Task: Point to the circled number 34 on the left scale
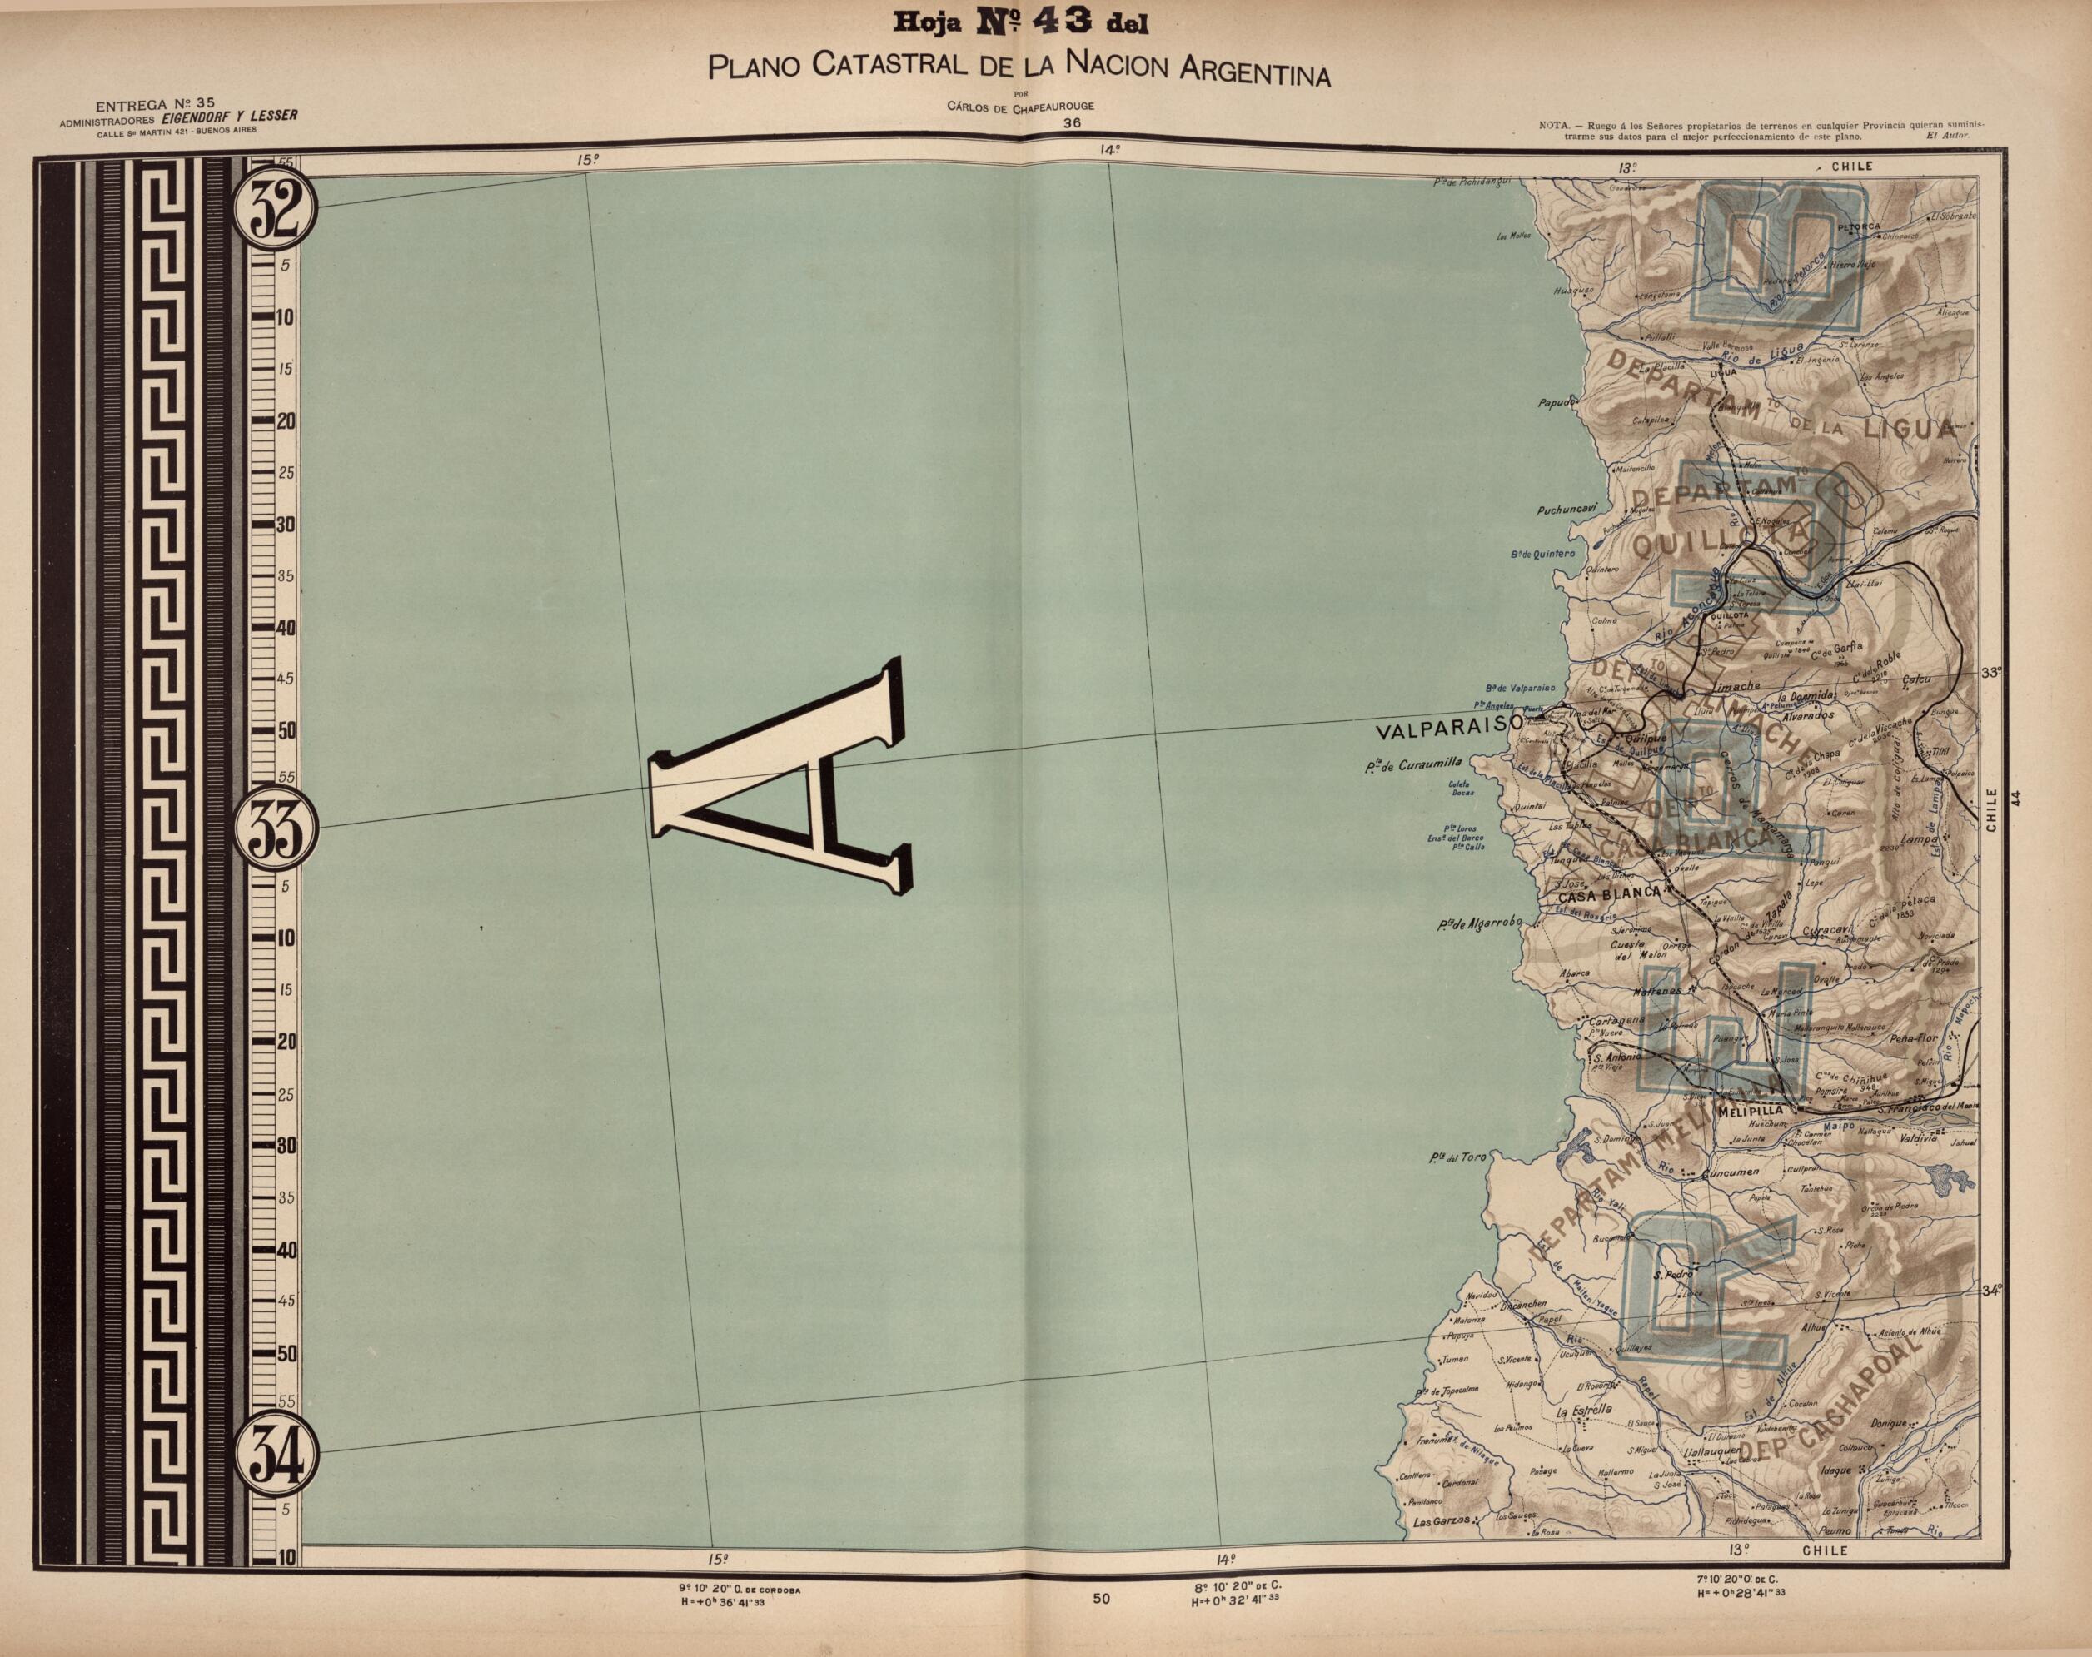(275, 1451)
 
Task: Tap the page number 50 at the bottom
(1100, 1599)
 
